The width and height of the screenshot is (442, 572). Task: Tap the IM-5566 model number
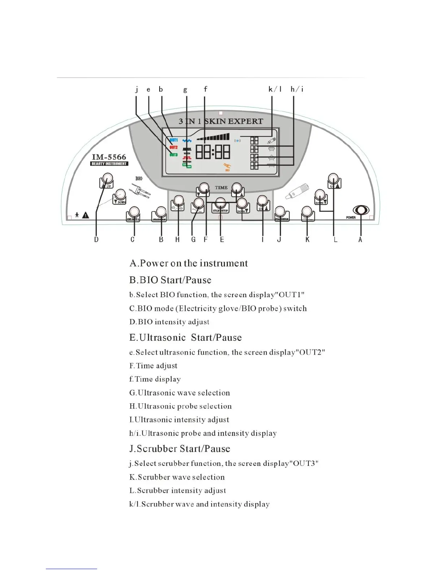tap(109, 157)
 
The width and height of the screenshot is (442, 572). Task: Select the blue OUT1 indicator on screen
tap(174, 140)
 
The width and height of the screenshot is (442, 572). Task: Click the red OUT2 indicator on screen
tap(174, 148)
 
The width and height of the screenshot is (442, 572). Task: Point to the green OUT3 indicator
tap(174, 155)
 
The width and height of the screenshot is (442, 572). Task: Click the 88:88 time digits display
tap(213, 151)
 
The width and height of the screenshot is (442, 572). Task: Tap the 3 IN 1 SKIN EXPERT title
tap(221, 121)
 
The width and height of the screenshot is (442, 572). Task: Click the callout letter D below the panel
tap(96, 239)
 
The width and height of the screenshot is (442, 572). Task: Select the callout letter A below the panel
tap(360, 239)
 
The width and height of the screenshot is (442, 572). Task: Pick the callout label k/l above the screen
tap(275, 89)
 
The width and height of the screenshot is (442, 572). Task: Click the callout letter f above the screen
tap(205, 89)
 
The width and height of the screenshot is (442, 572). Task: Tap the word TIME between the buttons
tap(221, 187)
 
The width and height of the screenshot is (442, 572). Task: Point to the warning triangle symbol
tap(86, 215)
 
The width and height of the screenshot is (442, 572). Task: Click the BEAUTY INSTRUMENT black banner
tap(109, 164)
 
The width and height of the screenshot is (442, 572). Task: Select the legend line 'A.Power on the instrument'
tap(188, 263)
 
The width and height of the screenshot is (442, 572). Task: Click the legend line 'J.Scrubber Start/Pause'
tap(179, 449)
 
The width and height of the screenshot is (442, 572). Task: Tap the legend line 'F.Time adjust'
tap(153, 366)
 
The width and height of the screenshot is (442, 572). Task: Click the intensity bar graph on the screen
tap(213, 137)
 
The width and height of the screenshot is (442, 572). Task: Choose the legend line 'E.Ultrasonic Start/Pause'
tap(185, 338)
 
